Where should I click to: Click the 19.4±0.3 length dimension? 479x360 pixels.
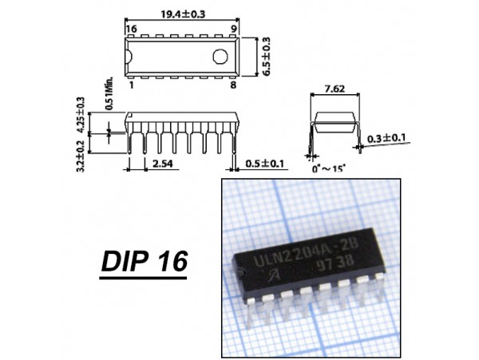[183, 14]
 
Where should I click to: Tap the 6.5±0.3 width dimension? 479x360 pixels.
[267, 57]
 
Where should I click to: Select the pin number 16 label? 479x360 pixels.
[132, 29]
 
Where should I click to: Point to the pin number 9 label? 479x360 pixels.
[233, 29]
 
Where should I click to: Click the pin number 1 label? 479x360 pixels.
[132, 85]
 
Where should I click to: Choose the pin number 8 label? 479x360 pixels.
[233, 85]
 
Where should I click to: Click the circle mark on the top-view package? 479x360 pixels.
[220, 57]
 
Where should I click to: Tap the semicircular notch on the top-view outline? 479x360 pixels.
[129, 57]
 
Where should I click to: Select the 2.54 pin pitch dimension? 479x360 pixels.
[163, 164]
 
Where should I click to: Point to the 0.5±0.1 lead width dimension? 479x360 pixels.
[264, 164]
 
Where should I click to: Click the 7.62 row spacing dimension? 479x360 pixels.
[335, 89]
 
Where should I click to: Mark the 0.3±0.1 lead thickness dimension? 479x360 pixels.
[386, 138]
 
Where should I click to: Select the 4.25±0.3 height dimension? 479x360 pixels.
[81, 114]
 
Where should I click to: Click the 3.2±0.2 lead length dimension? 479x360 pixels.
[81, 156]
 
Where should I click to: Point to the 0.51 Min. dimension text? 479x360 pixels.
[109, 93]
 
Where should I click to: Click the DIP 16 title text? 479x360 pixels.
[144, 261]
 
